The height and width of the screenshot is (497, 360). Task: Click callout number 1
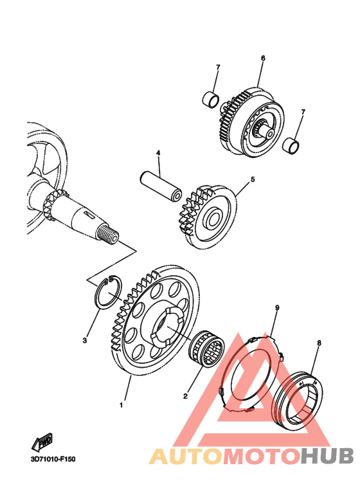121,405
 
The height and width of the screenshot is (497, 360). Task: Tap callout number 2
185,396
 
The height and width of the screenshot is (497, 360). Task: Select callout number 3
85,340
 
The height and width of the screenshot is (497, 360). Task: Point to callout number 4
158,153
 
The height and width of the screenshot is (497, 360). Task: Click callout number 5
253,179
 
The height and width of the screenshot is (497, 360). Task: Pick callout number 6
263,58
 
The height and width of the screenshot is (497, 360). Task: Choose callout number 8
319,343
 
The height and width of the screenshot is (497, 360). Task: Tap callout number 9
277,307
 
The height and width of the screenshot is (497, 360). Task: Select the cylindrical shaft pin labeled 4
161,186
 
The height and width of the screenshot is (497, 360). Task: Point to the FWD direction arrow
42,442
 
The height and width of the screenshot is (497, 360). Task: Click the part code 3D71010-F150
53,458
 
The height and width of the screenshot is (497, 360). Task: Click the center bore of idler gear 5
213,219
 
